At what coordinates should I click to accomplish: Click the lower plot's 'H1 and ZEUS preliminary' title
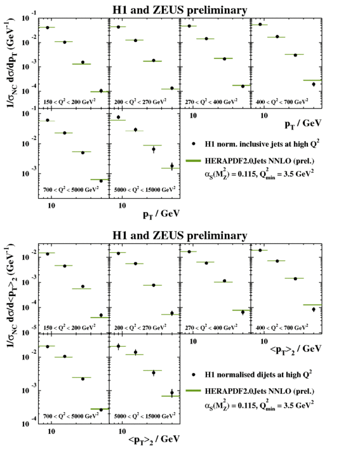(180, 236)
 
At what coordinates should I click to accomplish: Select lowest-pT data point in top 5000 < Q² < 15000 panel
(118, 117)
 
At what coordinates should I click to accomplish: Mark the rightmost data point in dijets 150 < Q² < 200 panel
(100, 315)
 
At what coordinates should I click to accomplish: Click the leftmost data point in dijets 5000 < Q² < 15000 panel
(118, 346)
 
